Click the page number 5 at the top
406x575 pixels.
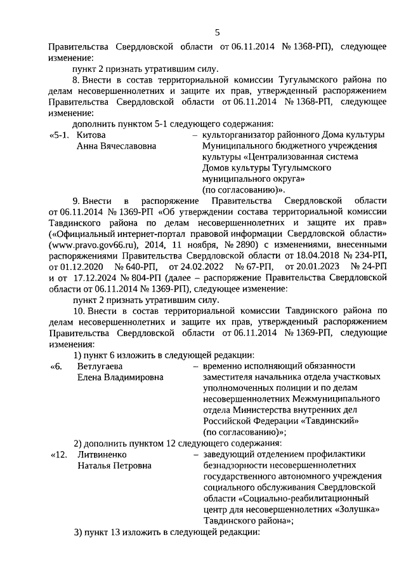[217, 33]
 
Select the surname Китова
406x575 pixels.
[91, 135]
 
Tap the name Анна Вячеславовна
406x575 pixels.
[117, 147]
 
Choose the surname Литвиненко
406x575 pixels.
[102, 454]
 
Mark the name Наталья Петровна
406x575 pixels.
[115, 466]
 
